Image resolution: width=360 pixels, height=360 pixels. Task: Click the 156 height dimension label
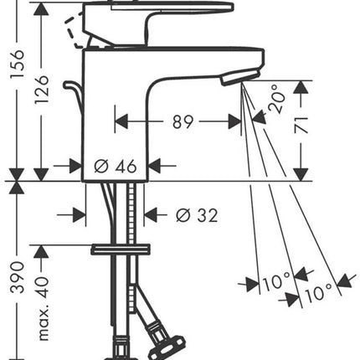point(18,64)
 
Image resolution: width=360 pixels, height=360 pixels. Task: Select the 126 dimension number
point(42,90)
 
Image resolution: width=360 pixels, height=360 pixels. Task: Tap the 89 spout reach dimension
point(183,121)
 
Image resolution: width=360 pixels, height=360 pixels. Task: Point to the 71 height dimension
point(301,125)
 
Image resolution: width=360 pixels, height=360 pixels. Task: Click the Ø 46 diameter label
point(116,167)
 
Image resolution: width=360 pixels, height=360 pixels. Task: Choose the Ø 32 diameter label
point(197,215)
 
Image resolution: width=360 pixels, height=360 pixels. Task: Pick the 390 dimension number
point(18,277)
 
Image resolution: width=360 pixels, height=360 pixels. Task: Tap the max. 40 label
point(43,308)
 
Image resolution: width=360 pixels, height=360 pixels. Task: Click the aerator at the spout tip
point(240,77)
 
